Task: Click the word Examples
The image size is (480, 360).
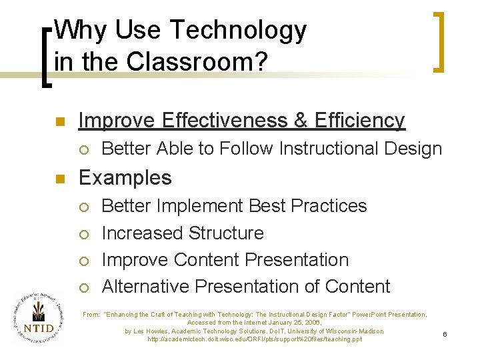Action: point(125,178)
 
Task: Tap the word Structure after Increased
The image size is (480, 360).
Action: point(226,233)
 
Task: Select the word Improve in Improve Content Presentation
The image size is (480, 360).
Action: point(135,260)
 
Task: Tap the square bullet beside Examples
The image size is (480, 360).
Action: point(59,179)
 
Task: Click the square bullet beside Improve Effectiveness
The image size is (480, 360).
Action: point(59,121)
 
